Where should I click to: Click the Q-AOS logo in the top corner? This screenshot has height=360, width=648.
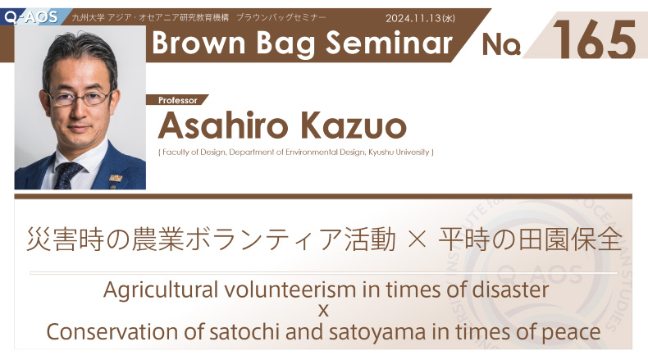click(x=31, y=17)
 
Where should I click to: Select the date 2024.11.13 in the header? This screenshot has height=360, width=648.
click(x=413, y=18)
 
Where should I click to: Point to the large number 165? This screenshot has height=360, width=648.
click(x=594, y=39)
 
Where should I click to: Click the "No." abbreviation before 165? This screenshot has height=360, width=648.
click(x=501, y=44)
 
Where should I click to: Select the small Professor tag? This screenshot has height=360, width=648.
click(x=178, y=100)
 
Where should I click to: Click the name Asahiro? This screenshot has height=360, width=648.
click(x=223, y=125)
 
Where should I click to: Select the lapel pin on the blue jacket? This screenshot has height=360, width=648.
click(x=116, y=178)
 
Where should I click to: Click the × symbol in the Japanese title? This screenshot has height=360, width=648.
click(x=417, y=239)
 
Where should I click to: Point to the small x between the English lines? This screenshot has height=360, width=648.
click(x=323, y=311)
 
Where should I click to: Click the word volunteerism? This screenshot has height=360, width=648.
click(x=291, y=289)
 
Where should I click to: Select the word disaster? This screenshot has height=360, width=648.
click(x=510, y=289)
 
